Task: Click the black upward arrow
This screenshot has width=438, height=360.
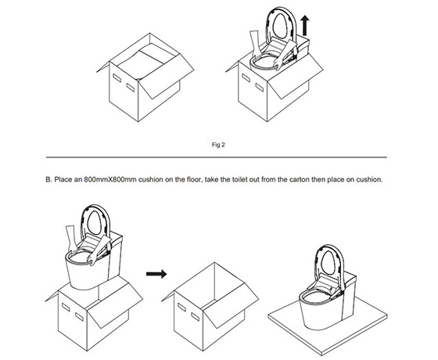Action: point(305,25)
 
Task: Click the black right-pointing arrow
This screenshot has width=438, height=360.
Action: point(156,274)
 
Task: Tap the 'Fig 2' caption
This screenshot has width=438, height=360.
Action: point(218,145)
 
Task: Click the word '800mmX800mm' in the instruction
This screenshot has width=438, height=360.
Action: point(109,179)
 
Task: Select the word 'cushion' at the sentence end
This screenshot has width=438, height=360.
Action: point(369,179)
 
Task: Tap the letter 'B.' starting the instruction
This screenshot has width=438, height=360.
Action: point(48,179)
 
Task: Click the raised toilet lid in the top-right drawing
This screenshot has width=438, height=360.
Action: point(282,24)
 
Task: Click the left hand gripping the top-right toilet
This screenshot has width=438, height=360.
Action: point(257,45)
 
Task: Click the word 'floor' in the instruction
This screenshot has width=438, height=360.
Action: point(194,179)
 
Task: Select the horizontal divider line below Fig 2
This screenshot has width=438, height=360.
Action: point(217,157)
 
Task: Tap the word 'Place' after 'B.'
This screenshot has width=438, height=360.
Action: point(63,179)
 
